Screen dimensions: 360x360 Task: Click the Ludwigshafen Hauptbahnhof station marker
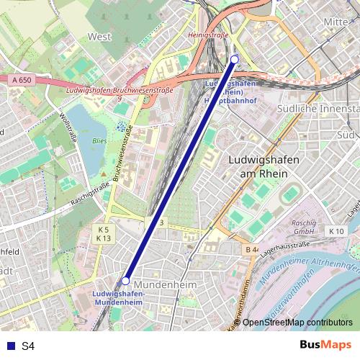[234, 59]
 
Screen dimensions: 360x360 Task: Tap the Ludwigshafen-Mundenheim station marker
[125, 281]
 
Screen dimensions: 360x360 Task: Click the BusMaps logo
[325, 346]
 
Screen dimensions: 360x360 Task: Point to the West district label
[100, 35]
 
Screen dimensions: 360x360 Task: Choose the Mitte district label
[336, 22]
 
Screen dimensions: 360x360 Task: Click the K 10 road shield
[336, 231]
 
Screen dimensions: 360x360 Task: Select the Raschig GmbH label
[305, 228]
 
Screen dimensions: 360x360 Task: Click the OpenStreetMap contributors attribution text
[297, 323]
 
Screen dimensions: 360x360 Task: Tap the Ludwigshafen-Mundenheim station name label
[120, 297]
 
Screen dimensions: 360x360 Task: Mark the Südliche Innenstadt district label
[318, 109]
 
